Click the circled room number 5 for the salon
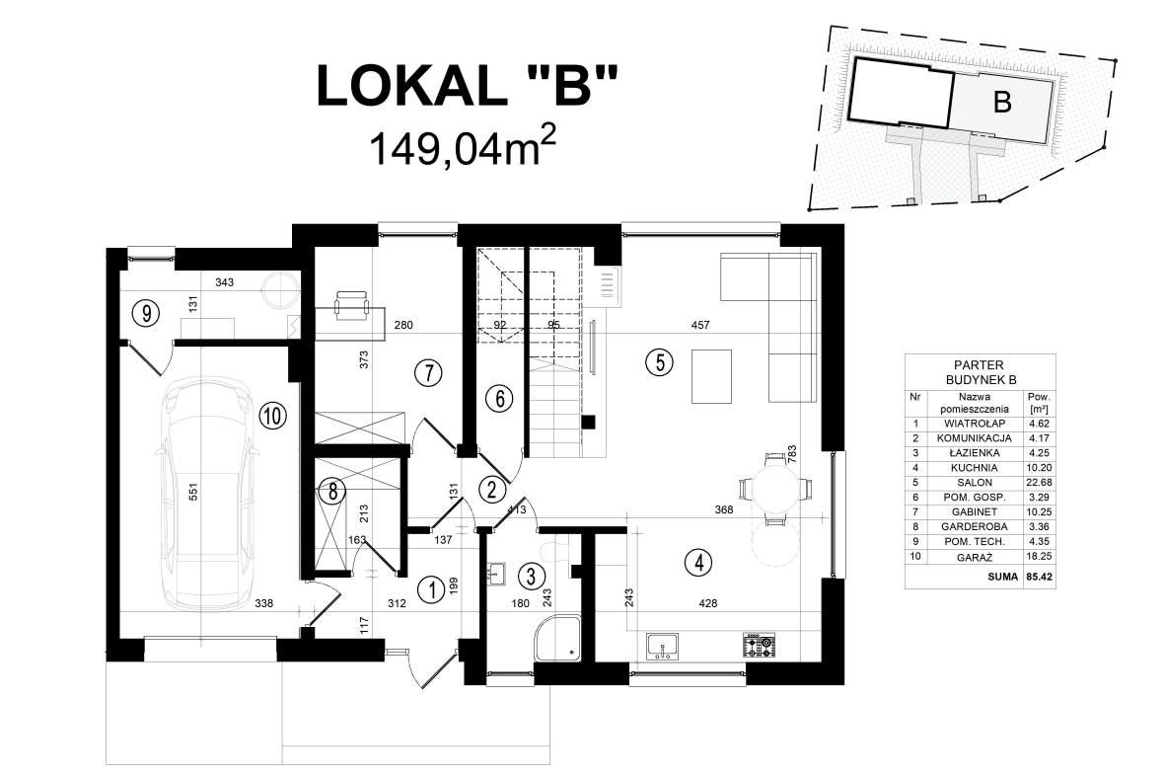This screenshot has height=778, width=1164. click(660, 361)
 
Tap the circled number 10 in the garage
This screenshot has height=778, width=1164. click(273, 415)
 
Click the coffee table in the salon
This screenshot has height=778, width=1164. click(712, 376)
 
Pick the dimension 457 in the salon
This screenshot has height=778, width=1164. click(700, 325)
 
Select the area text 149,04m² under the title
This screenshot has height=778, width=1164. click(464, 151)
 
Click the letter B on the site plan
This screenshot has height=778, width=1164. click(1002, 102)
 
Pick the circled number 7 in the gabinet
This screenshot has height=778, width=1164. click(426, 372)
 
